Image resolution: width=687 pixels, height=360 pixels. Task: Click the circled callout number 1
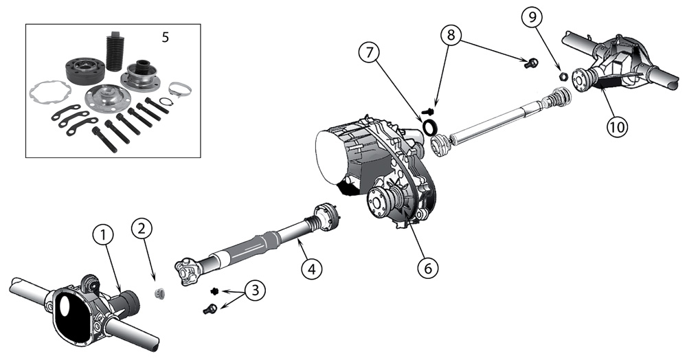104,236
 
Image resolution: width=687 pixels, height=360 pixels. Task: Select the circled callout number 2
142,228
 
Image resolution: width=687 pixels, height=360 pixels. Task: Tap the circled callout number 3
255,291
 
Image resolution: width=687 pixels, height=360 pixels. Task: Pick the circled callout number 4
311,268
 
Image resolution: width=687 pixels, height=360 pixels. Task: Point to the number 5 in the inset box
165,37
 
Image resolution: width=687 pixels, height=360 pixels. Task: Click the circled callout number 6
427,267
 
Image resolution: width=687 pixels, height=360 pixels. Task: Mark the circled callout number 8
452,35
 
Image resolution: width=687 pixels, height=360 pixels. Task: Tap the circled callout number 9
532,17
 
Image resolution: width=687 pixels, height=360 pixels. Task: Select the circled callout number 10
617,126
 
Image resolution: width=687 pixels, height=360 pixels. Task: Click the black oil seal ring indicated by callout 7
430,126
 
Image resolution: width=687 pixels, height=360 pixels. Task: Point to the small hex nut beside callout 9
564,76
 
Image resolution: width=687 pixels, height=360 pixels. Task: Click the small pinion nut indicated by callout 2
160,293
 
